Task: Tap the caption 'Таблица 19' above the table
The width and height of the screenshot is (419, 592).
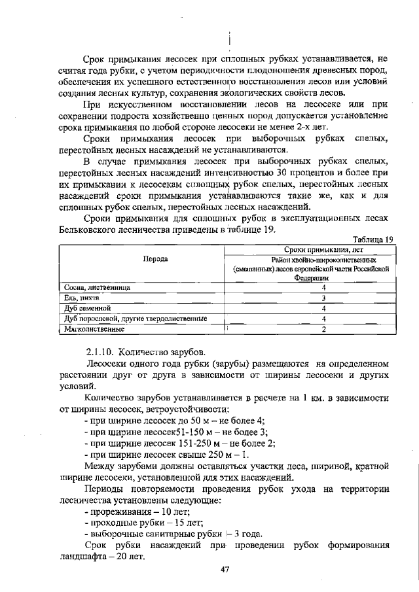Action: tap(373, 239)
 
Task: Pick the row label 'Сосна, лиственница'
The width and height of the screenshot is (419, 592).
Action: tap(97, 287)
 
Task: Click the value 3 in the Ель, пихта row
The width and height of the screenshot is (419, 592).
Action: tap(314, 298)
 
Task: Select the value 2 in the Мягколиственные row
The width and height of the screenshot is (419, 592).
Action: tap(314, 329)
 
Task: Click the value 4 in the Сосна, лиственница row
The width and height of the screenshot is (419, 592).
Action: tap(314, 287)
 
